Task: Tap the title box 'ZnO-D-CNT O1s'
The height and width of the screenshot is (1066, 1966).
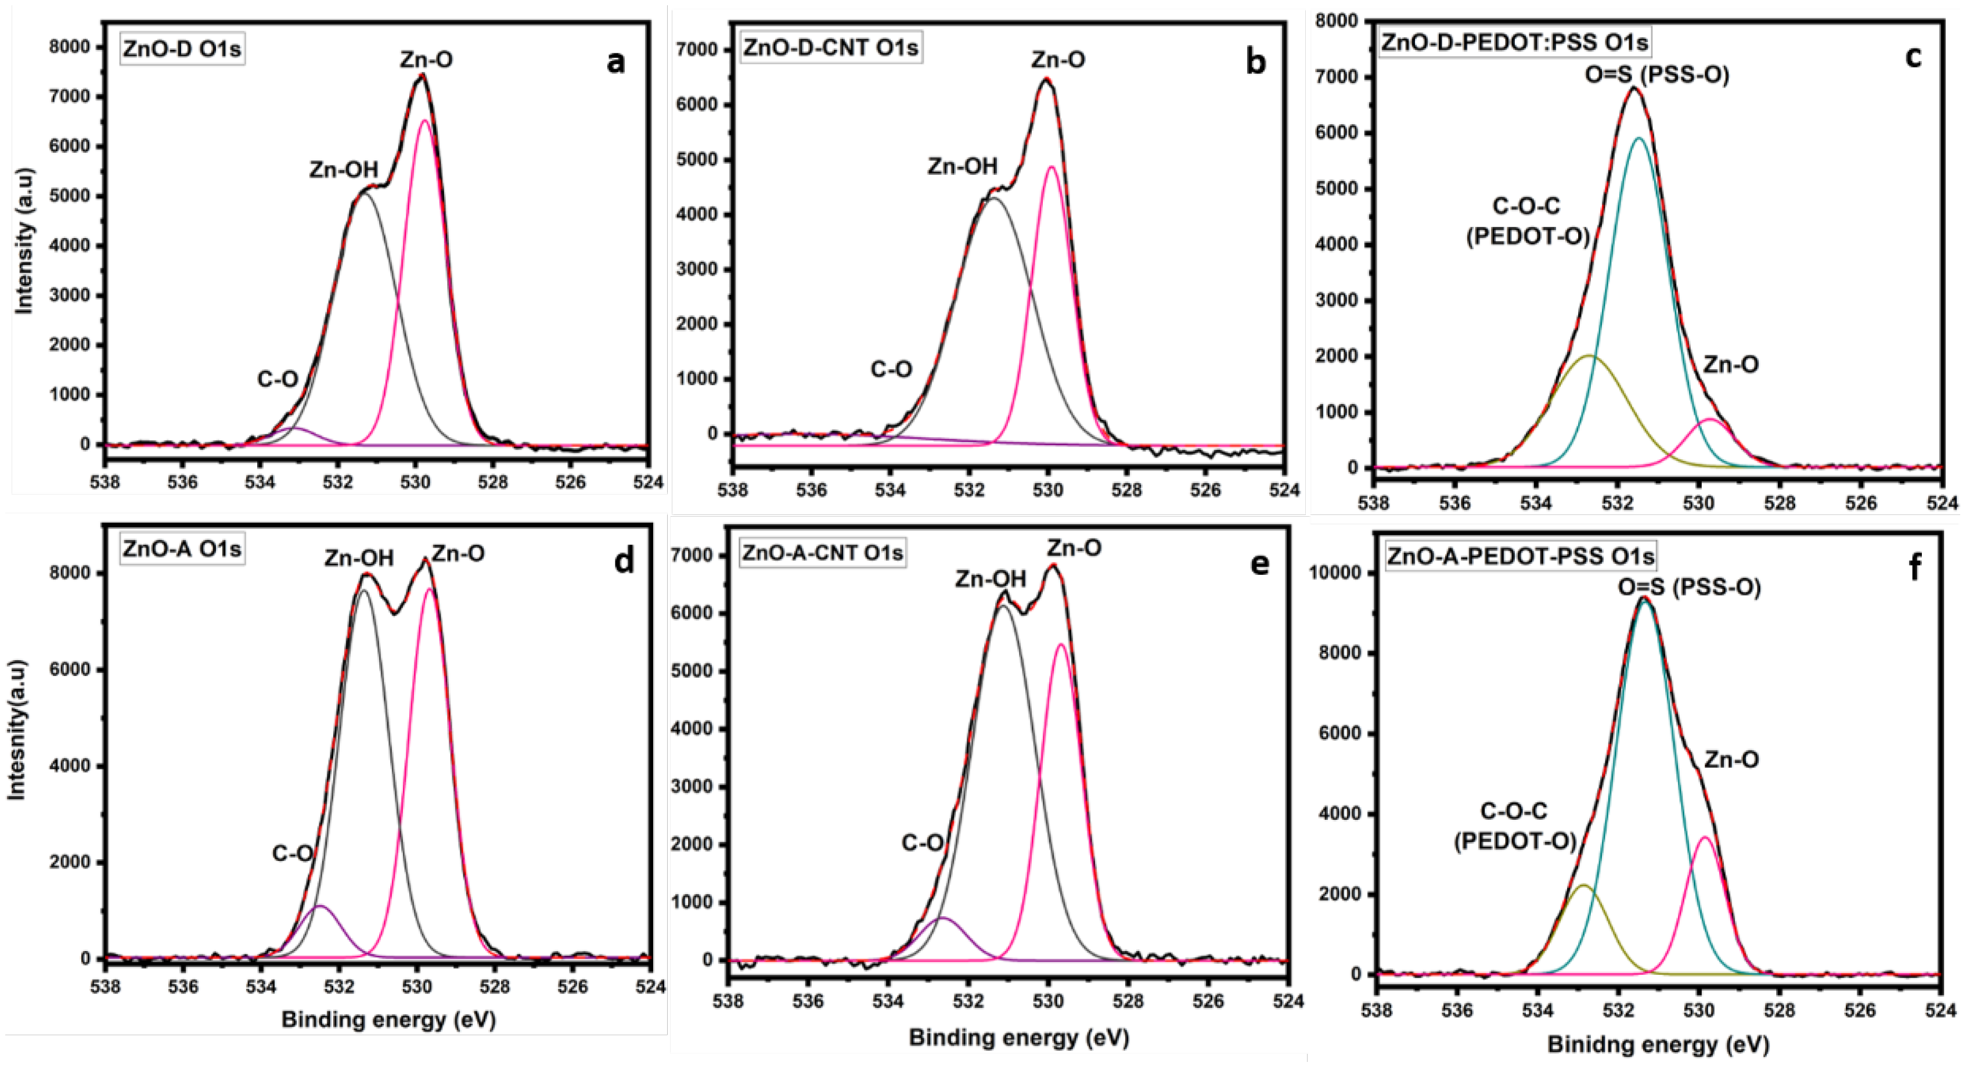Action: point(830,47)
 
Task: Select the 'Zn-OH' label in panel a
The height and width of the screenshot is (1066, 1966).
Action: point(343,170)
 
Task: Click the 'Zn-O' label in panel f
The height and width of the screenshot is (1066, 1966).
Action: point(1731,759)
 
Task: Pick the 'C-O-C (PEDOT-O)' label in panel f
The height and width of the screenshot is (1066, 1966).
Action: point(1515,826)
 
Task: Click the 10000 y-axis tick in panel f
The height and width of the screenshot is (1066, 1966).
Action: point(1335,573)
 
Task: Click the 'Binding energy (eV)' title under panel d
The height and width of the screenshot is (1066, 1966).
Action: point(388,1020)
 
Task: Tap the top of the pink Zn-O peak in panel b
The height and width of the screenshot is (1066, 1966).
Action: point(1051,167)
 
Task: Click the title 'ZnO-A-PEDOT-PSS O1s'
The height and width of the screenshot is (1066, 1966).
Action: point(1520,556)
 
